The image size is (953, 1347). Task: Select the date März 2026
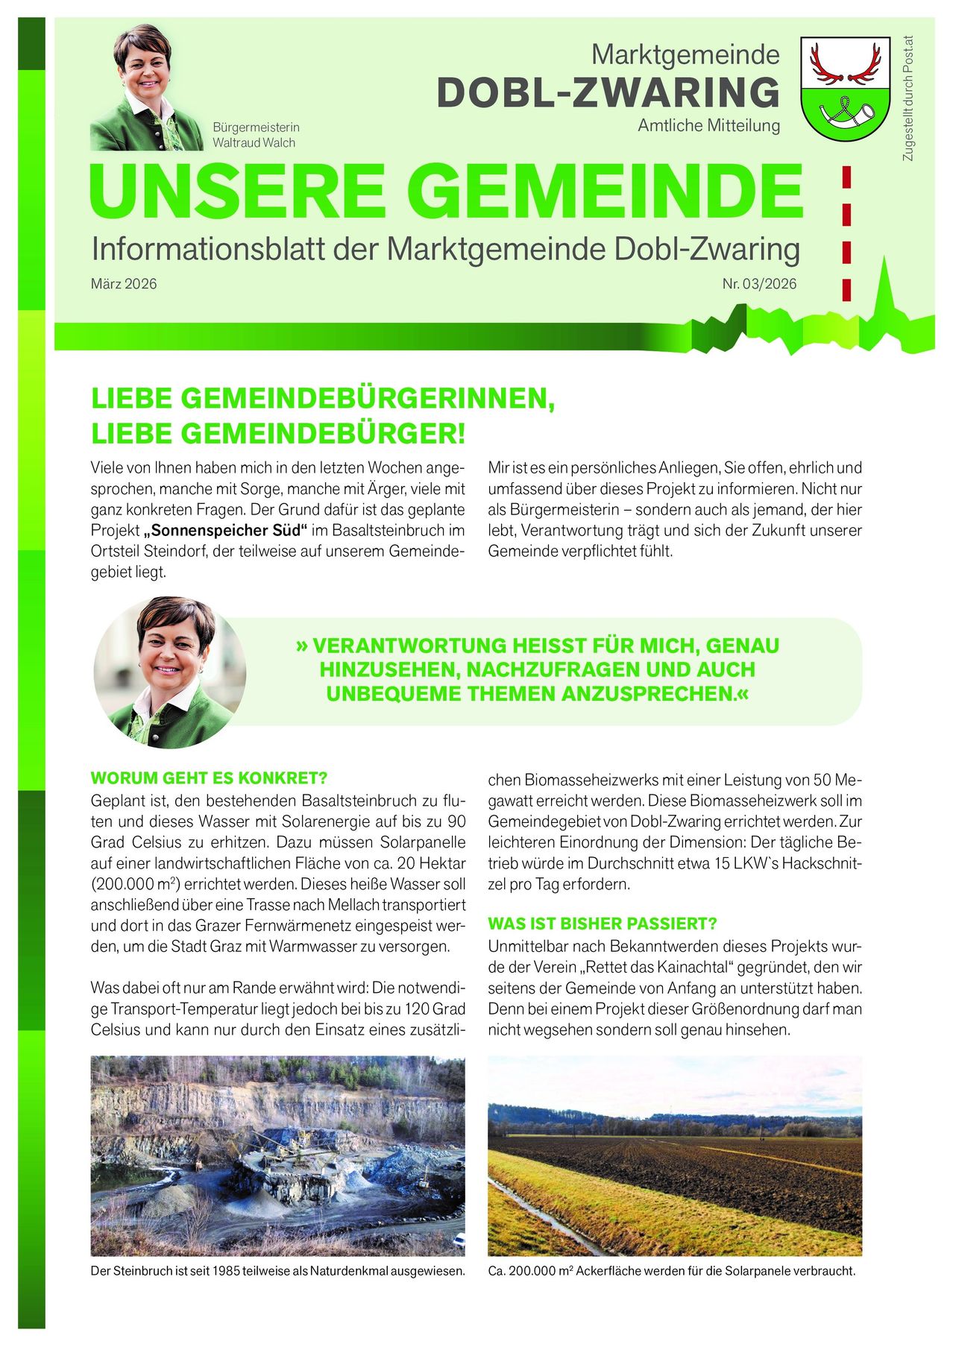pos(124,284)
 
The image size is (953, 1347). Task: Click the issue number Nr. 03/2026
pos(759,284)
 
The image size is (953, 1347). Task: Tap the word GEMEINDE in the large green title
pos(606,192)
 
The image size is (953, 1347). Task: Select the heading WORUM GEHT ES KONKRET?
pos(209,778)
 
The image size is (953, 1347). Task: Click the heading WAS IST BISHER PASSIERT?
pos(602,924)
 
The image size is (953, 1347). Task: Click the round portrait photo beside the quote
pos(170,672)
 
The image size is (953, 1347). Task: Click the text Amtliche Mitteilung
pos(708,126)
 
